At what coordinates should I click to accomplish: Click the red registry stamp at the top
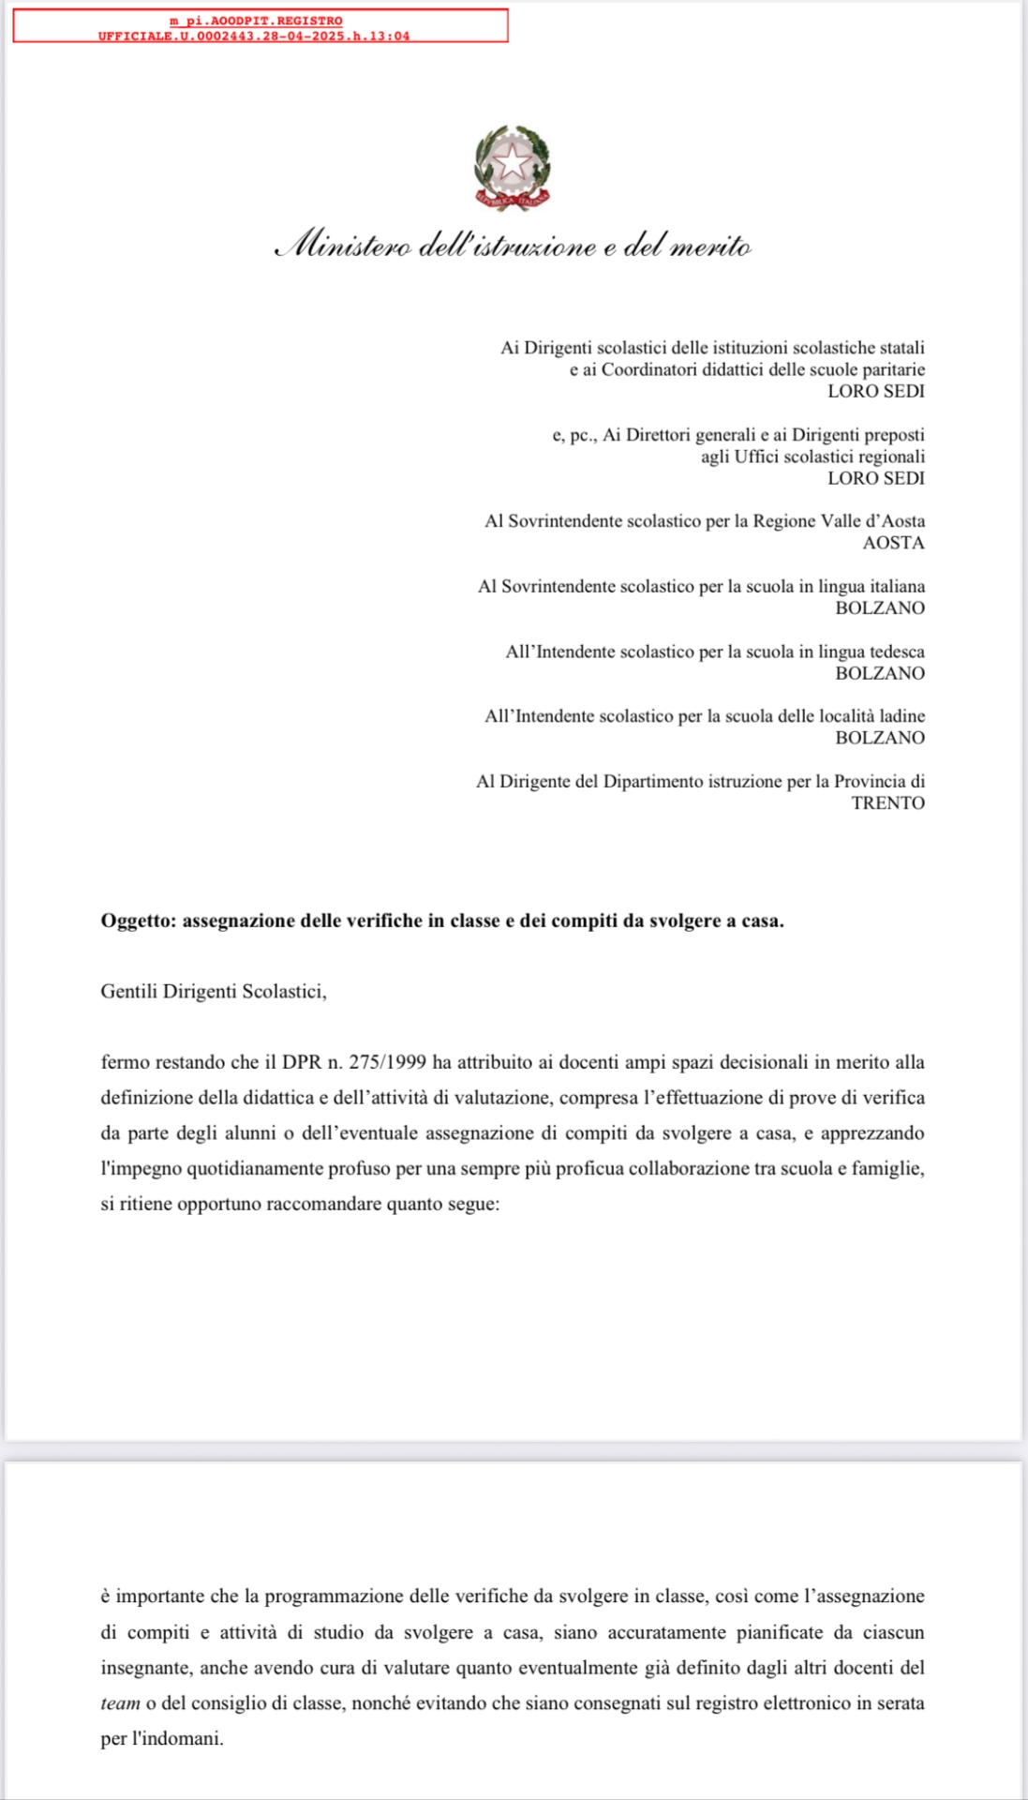pyautogui.click(x=260, y=27)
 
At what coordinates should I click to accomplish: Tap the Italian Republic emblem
pyautogui.click(x=512, y=168)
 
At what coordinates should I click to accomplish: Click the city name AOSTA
pyautogui.click(x=893, y=543)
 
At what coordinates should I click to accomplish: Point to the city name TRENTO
pyautogui.click(x=887, y=802)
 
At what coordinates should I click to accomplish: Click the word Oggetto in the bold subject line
pyautogui.click(x=137, y=921)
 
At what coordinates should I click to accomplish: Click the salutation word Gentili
pyautogui.click(x=128, y=992)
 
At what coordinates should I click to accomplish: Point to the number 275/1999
pyautogui.click(x=387, y=1062)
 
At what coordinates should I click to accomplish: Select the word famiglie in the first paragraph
pyautogui.click(x=887, y=1168)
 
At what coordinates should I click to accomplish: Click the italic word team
pyautogui.click(x=120, y=1702)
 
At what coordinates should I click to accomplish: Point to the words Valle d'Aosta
pyautogui.click(x=872, y=521)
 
